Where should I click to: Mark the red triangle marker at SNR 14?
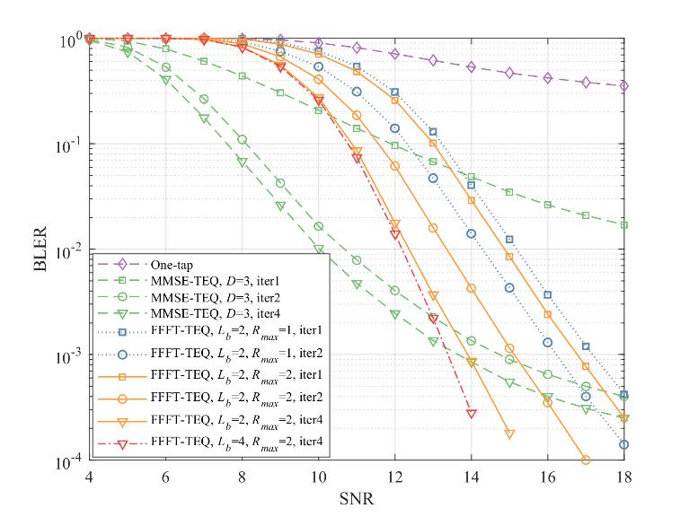click(x=472, y=414)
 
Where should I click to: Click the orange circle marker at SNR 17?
click(x=586, y=460)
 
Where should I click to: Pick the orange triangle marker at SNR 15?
click(x=509, y=434)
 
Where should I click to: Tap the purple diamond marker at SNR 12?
click(x=395, y=54)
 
